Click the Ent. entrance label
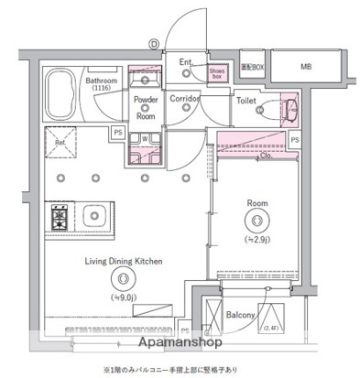coord(186,62)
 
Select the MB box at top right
coord(306,67)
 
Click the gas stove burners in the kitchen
coord(60,219)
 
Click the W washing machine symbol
coord(145,140)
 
